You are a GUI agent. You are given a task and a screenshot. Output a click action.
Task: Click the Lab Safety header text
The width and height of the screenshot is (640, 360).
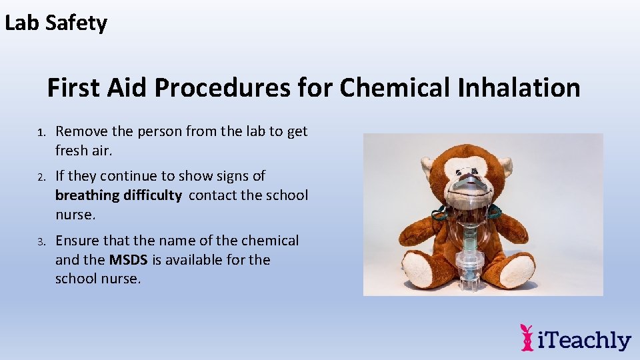click(56, 23)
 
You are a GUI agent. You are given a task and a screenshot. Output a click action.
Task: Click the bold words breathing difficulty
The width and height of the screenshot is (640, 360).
click(118, 195)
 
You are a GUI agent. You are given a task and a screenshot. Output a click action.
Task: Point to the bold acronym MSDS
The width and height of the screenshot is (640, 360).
click(129, 260)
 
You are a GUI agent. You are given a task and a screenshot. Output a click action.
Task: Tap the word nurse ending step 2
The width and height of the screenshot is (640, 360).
click(75, 215)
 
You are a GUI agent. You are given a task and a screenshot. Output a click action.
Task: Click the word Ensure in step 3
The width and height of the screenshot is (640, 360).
click(77, 241)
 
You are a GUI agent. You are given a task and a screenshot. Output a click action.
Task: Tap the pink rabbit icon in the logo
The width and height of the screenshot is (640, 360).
click(527, 337)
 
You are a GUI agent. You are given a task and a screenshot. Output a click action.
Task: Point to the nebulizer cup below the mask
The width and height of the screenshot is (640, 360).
click(471, 267)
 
